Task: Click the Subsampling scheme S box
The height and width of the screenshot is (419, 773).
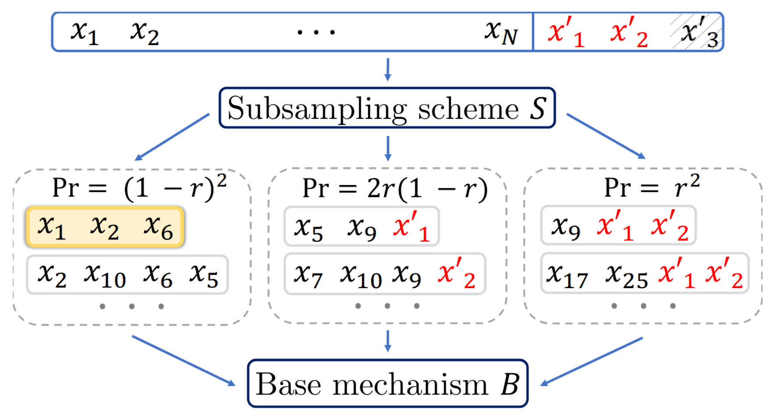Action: coord(387,108)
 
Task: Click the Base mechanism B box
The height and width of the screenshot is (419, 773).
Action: coord(387,384)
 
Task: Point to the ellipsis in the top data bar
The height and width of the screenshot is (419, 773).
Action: coord(316,32)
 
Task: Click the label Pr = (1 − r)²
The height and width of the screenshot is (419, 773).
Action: coord(139,187)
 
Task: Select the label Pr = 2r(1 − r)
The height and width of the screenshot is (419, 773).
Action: coord(394,188)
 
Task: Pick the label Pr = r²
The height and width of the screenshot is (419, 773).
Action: coord(652,187)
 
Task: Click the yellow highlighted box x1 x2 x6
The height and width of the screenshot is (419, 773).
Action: coord(105,227)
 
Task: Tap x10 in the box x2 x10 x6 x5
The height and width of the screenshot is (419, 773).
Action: coord(105,275)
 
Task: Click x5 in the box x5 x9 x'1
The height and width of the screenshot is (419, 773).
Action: coord(308,228)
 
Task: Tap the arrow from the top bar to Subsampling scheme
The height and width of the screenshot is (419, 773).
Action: coord(387,69)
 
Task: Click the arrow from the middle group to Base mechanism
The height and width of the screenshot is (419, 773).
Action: coord(387,341)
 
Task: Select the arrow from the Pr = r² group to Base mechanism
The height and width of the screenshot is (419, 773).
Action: coord(592,361)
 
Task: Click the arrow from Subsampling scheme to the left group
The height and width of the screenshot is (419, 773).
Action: coord(172,137)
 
